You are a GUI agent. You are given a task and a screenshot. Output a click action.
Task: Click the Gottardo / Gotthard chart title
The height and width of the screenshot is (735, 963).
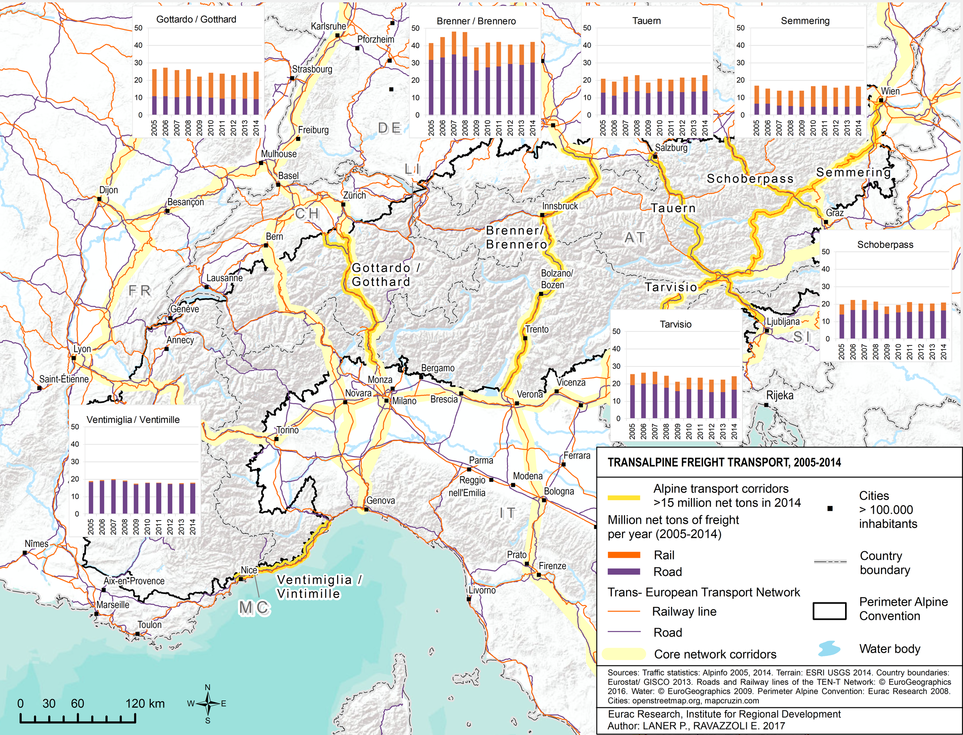pos(196,19)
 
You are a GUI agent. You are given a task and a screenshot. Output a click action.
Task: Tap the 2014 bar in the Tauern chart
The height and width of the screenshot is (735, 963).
pos(705,95)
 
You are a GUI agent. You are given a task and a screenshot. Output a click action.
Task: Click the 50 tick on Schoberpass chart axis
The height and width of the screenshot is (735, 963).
pos(825,251)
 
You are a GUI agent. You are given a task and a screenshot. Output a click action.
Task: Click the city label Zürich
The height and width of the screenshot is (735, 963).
pos(354,195)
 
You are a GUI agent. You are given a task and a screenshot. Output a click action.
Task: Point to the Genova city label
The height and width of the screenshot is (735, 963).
pos(380,500)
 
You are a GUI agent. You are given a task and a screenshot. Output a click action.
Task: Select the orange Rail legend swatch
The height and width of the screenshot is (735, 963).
pos(624,555)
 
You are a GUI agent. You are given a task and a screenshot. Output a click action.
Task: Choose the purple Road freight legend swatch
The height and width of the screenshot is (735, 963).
pos(624,572)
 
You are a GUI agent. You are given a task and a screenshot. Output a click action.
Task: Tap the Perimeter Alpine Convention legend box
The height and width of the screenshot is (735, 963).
pos(829,611)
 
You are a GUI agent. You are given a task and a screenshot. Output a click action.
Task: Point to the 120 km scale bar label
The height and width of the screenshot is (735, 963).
pos(145,704)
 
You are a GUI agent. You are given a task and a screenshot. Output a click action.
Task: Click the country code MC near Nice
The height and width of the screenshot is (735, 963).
pos(254,607)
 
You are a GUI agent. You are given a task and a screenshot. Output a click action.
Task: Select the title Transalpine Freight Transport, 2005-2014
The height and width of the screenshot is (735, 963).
pos(724,462)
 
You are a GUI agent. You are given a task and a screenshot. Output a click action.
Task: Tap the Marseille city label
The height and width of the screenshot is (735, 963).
pos(113,604)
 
